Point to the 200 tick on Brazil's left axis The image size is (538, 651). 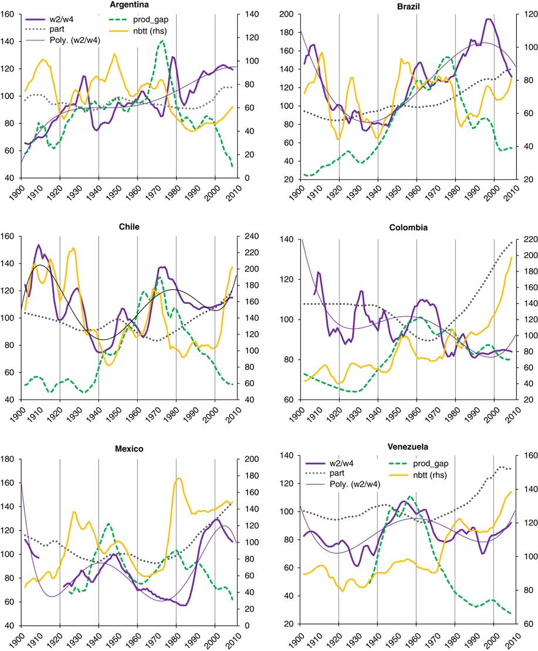(287, 14)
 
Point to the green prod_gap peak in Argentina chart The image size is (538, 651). (162, 41)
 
